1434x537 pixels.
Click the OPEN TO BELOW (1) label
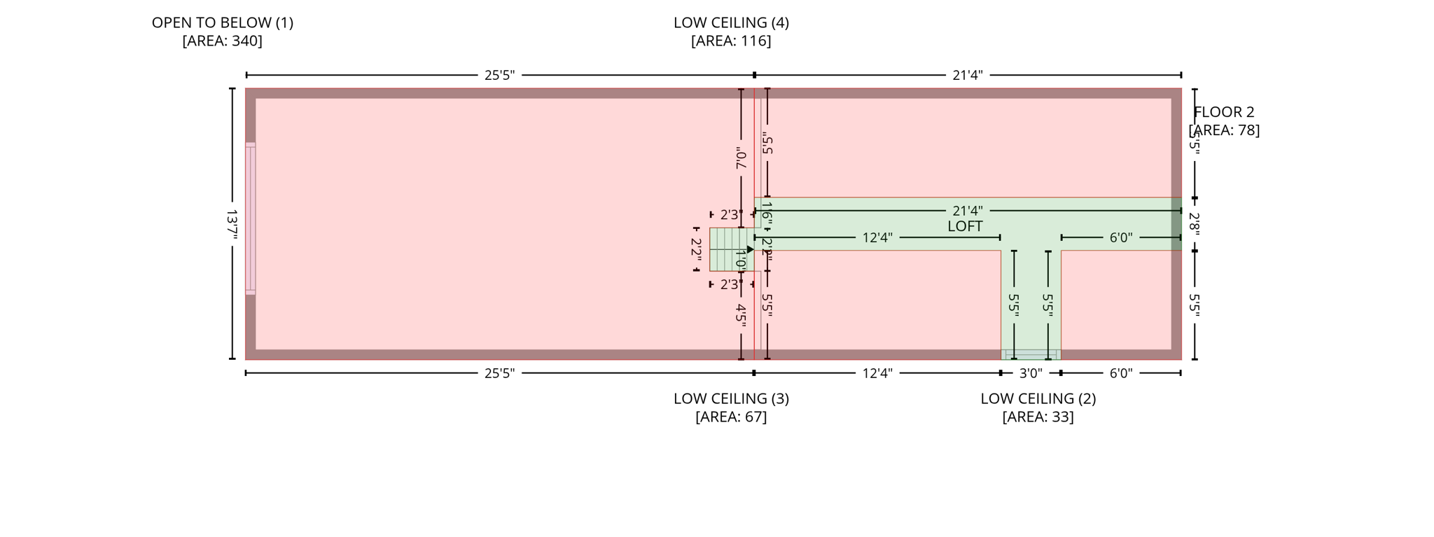pos(222,22)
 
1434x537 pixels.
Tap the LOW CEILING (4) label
pos(731,22)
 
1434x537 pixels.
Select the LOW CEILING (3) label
pos(731,398)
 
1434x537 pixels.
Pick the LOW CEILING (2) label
pos(1038,398)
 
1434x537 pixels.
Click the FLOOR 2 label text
pos(1223,112)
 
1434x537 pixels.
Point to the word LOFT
pos(965,226)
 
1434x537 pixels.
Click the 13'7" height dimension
pos(232,224)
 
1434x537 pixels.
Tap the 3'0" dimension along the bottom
pos(1030,373)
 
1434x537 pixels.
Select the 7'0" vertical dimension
pos(741,158)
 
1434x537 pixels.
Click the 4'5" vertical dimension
pos(741,313)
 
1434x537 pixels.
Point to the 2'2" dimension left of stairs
pos(696,249)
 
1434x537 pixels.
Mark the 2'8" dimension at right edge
pos(1195,224)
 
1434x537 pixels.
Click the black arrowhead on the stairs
pos(750,249)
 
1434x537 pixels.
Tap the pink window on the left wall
pos(250,218)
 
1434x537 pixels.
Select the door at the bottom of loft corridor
pos(1031,355)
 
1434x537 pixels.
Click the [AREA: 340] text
pos(222,41)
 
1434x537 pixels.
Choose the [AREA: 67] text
pos(731,417)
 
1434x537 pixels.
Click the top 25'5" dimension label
pos(499,75)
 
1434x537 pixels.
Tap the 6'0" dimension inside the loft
pos(1120,238)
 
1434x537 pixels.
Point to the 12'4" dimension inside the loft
pos(877,238)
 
